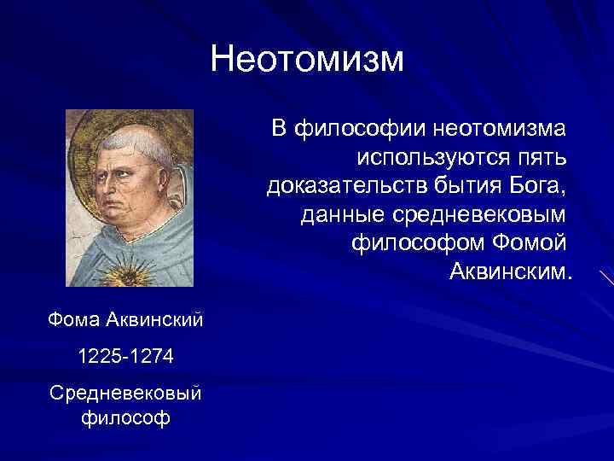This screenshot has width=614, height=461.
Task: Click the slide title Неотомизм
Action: point(306,60)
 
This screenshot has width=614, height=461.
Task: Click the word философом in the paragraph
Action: point(417,242)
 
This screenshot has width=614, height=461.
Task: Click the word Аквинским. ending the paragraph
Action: point(507,271)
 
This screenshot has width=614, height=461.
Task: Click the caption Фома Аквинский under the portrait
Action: point(125,321)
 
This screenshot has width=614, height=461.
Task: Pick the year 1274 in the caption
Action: point(151,357)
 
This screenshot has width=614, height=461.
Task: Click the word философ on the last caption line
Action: point(125,418)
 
